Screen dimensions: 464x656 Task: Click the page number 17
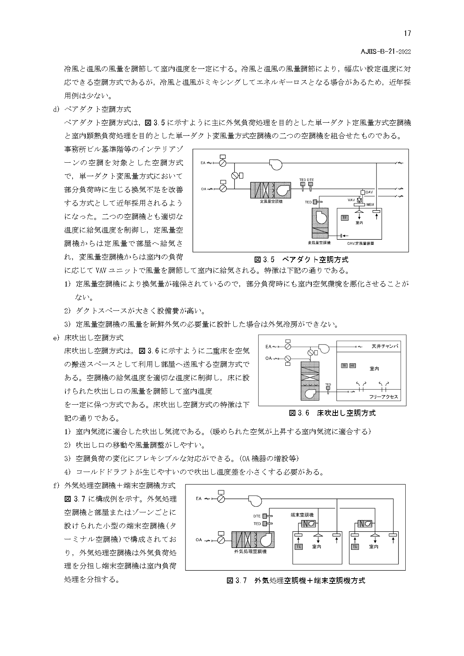point(407,33)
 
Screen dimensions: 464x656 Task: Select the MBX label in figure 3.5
point(370,205)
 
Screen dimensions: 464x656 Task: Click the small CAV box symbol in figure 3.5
point(362,192)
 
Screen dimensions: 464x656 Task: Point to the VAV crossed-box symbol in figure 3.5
point(359,200)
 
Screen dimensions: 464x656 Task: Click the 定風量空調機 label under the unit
point(271,202)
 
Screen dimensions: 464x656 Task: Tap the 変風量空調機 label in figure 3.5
point(319,243)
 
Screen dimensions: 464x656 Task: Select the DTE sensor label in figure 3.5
point(311,180)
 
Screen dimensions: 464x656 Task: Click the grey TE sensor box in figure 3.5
point(344,217)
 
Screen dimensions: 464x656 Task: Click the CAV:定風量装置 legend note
point(360,243)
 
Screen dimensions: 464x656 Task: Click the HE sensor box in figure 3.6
point(352,365)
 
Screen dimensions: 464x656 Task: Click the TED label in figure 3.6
point(328,384)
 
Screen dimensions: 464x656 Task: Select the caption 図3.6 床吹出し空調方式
point(332,413)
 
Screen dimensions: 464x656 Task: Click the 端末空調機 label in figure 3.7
point(302,515)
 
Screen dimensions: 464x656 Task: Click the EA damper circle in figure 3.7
point(221,499)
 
